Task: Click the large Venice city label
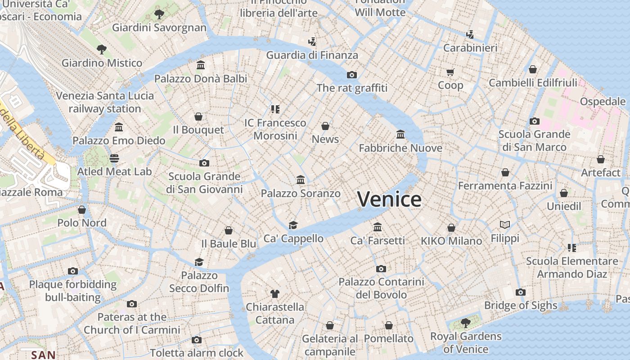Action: coord(390,199)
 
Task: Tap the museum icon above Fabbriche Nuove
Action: coord(400,134)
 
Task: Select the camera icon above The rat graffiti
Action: coord(352,75)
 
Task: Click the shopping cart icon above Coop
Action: coord(450,72)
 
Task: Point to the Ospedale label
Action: coord(603,101)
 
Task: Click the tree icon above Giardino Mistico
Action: coord(102,49)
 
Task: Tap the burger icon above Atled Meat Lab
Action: coord(114,158)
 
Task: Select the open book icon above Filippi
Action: coord(505,225)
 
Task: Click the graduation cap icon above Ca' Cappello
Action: coord(293,225)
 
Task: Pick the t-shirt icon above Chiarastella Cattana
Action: coord(274,294)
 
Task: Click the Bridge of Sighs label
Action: coord(521,306)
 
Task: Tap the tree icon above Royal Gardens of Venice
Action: coord(466,323)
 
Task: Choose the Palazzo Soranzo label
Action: coord(301,193)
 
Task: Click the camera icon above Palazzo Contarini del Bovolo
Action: coord(381,269)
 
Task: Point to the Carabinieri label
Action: coord(470,48)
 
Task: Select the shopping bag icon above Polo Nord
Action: coord(82,210)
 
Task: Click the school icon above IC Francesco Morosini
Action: coord(275,109)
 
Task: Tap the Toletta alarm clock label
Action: coord(197,353)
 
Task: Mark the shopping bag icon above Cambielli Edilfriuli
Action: coord(533,69)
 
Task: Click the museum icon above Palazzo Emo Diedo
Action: coord(119,127)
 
